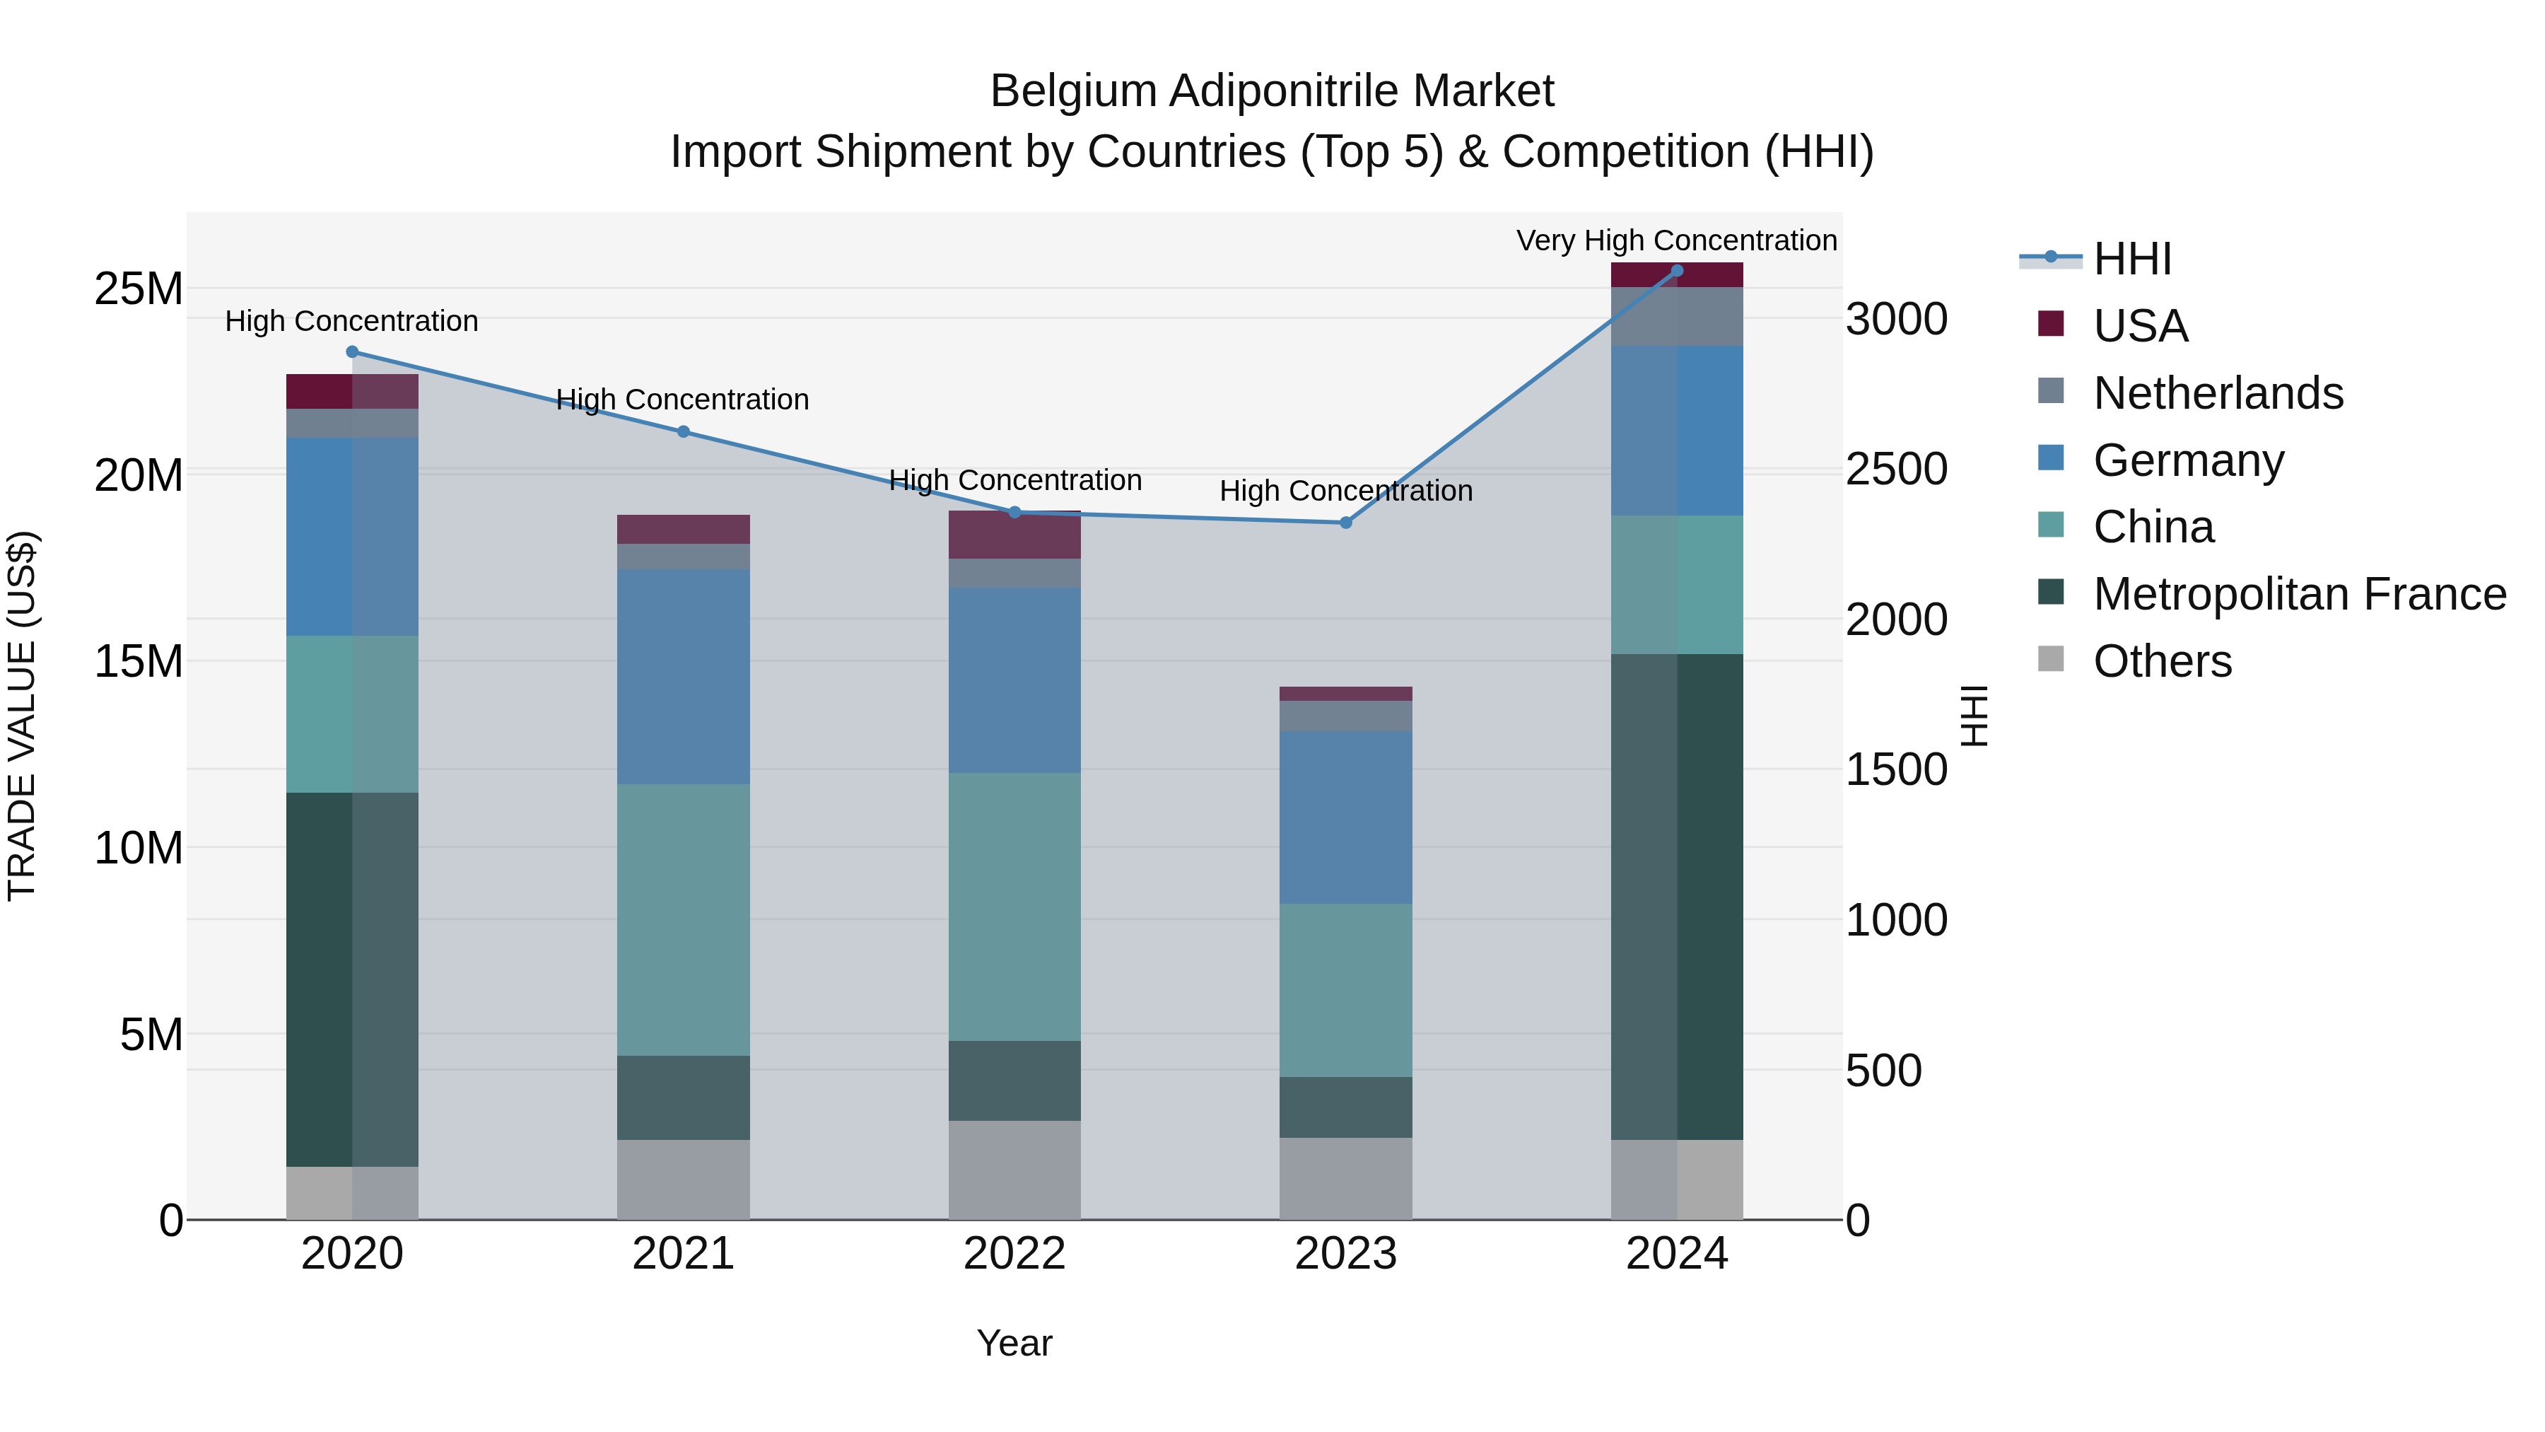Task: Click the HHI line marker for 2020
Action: coord(352,352)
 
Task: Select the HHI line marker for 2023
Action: coord(1345,522)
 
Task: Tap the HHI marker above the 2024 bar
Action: coord(1677,271)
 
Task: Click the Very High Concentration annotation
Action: coord(1677,240)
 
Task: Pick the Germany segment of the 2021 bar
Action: coord(683,677)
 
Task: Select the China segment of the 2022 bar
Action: coord(1014,907)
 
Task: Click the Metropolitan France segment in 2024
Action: coord(1677,897)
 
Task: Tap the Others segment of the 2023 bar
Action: coord(1345,1178)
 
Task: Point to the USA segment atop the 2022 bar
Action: coord(1014,535)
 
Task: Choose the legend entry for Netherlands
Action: coord(2218,393)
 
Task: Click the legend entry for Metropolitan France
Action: coord(2299,594)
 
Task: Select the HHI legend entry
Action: coord(2132,259)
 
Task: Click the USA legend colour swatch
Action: coord(2051,324)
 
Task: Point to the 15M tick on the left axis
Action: coord(139,661)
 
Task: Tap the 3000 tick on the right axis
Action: coord(1897,319)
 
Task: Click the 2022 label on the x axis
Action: coord(1014,1254)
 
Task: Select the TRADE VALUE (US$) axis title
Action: coord(22,716)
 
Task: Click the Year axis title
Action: coord(1014,1343)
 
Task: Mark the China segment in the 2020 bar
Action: coord(352,714)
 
